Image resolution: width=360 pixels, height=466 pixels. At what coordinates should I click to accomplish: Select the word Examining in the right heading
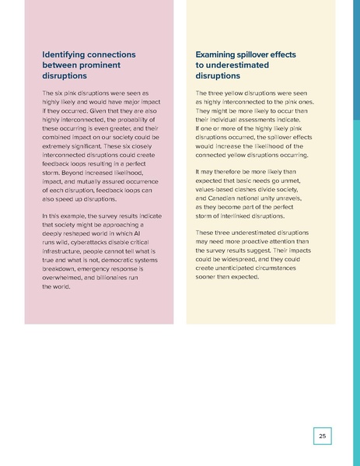click(x=220, y=54)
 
